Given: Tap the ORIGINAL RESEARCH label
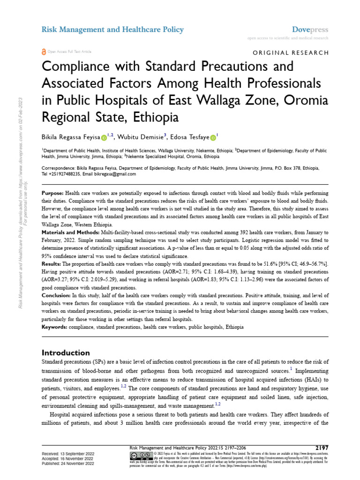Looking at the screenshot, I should [x=291, y=52].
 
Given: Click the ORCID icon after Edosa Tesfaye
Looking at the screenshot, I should [x=212, y=138].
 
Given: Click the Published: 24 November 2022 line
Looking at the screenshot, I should [x=68, y=463].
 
